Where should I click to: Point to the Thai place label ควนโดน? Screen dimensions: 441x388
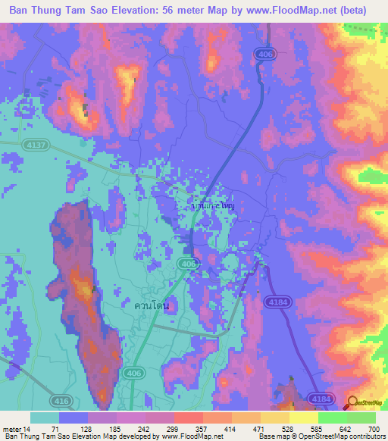tap(151, 306)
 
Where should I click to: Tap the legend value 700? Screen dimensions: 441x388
tap(369, 429)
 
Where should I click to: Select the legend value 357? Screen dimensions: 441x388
tap(189, 429)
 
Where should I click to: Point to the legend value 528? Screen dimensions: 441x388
tap(276, 429)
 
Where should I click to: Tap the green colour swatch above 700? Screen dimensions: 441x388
tap(361, 418)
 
